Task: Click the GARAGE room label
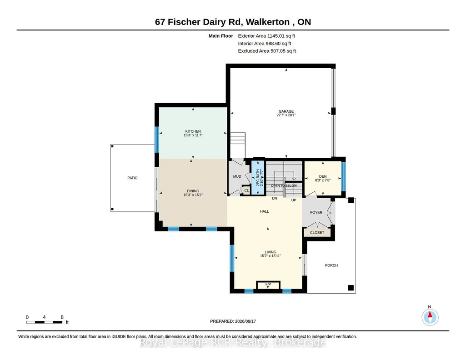[286, 111]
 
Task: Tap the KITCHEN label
[193, 131]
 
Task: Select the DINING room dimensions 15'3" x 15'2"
[193, 195]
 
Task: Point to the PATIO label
[133, 178]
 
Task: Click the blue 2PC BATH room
[258, 178]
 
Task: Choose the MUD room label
[237, 176]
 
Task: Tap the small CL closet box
[246, 190]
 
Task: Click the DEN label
[323, 176]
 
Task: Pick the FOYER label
[316, 212]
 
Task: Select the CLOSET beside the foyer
[317, 233]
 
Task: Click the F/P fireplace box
[268, 285]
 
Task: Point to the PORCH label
[331, 265]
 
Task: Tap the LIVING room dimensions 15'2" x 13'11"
[271, 256]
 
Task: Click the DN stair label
[275, 198]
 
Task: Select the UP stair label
[294, 200]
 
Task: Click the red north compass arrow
[430, 315]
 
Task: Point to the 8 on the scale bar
[62, 317]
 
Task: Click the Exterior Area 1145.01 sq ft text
[266, 36]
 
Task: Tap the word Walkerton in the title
[268, 22]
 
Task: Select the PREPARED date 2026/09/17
[246, 321]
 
